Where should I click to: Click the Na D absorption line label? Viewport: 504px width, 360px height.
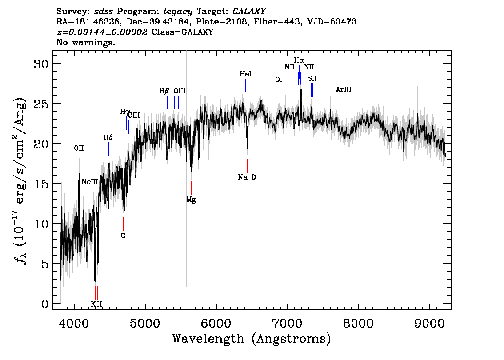click(x=247, y=177)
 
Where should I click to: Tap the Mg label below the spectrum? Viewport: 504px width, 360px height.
click(x=191, y=200)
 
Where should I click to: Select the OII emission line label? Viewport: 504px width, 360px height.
click(x=79, y=148)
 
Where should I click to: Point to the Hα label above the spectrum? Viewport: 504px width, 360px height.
click(x=299, y=60)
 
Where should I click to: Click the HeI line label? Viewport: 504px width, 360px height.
click(x=246, y=74)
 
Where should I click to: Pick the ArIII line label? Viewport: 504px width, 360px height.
click(x=344, y=89)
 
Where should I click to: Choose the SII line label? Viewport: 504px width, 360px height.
click(x=312, y=78)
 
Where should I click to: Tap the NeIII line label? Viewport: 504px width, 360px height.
click(x=90, y=182)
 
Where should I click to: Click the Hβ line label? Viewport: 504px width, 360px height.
click(x=164, y=91)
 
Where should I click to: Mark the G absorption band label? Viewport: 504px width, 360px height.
click(x=123, y=236)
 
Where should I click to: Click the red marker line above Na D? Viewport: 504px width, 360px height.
click(x=247, y=165)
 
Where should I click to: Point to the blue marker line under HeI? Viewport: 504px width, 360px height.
click(x=246, y=85)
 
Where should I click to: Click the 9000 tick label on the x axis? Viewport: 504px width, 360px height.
click(x=429, y=323)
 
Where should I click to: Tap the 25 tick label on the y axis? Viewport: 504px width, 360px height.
click(x=41, y=104)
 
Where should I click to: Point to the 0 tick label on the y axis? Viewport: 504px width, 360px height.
click(x=45, y=304)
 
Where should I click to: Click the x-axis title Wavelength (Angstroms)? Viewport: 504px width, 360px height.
click(x=252, y=339)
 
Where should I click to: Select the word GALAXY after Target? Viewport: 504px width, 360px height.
click(x=249, y=11)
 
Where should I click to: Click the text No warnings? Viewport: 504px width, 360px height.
click(x=85, y=42)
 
